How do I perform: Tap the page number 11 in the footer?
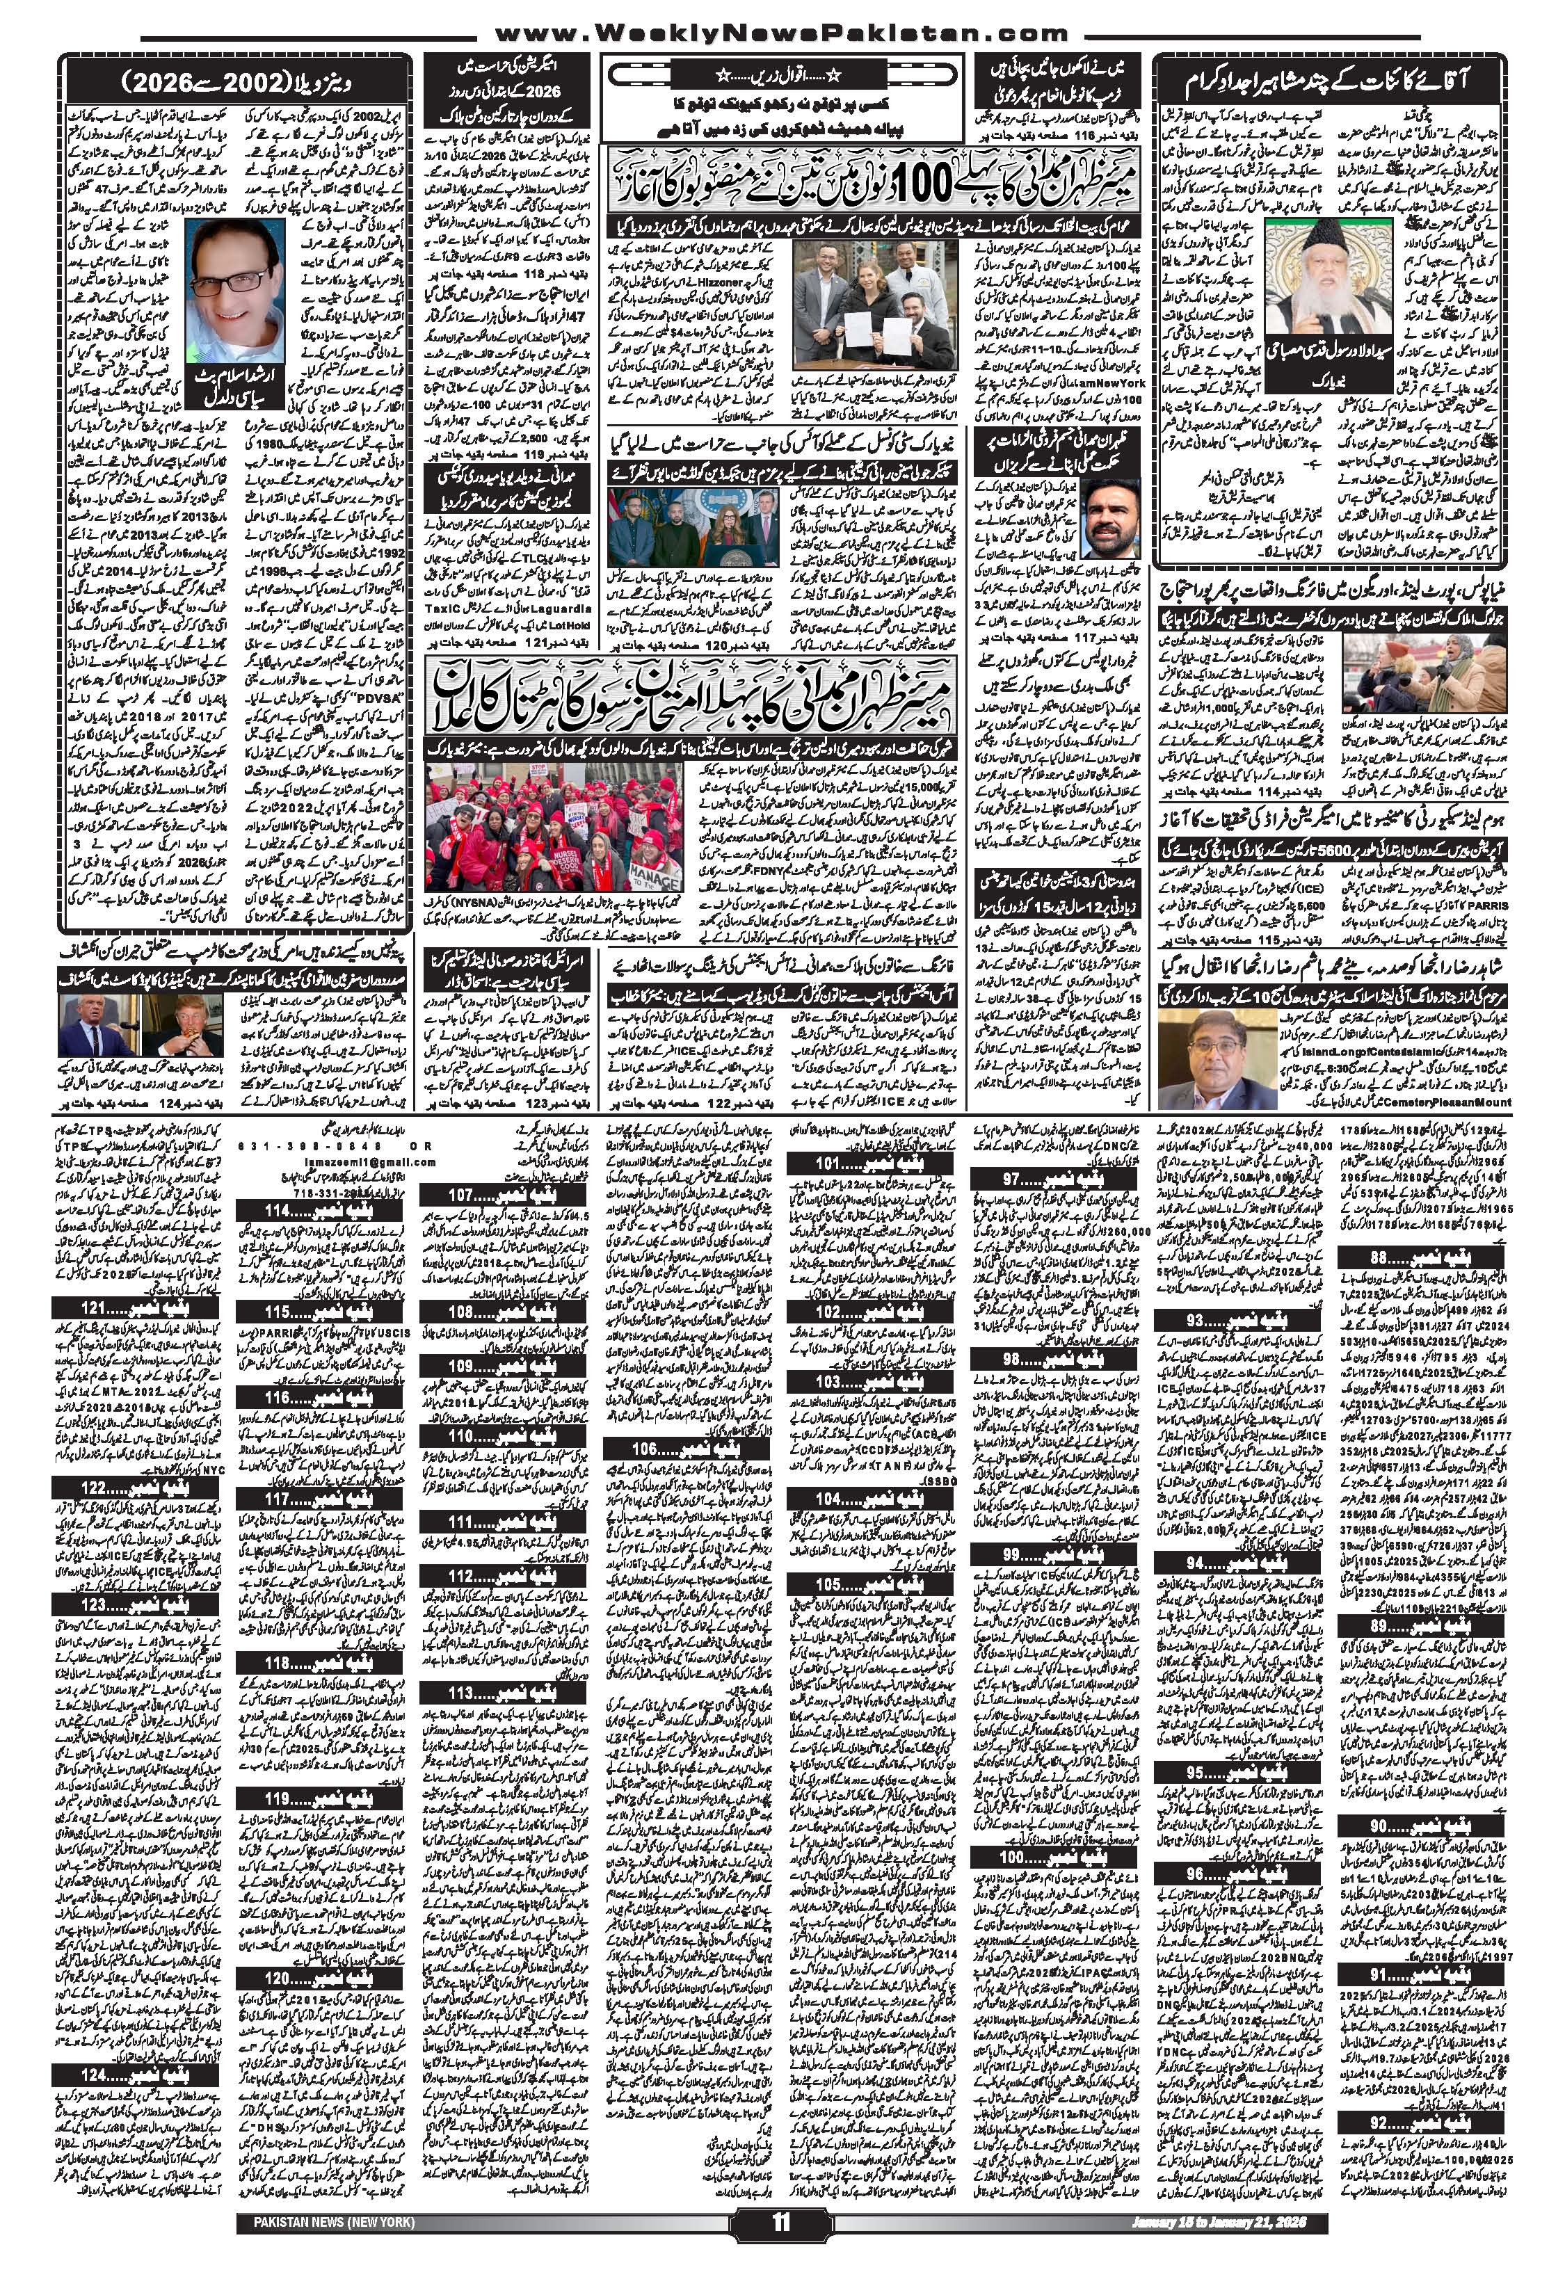(781, 2271)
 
